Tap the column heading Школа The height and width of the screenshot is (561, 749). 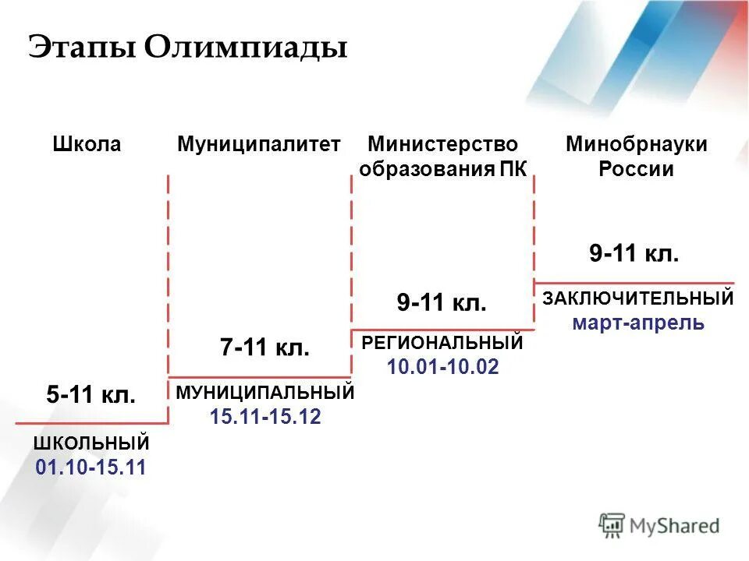pyautogui.click(x=87, y=144)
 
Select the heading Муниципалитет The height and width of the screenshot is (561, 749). pyautogui.click(x=259, y=144)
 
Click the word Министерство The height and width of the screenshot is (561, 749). pyautogui.click(x=442, y=144)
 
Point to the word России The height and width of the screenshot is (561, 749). pyautogui.click(x=636, y=169)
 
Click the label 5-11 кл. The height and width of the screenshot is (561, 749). pyautogui.click(x=91, y=395)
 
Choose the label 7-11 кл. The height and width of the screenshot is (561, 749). pyautogui.click(x=265, y=348)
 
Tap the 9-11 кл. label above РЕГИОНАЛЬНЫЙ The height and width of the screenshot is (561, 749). pyautogui.click(x=442, y=302)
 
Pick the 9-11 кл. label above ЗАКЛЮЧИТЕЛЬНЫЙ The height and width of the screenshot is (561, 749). pyautogui.click(x=634, y=254)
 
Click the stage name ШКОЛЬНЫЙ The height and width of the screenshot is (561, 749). pyautogui.click(x=91, y=443)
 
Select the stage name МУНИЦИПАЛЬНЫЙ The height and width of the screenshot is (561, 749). pyautogui.click(x=265, y=393)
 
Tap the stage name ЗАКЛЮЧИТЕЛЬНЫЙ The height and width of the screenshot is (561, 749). pyautogui.click(x=638, y=298)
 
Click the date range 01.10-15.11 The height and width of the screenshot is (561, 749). pyautogui.click(x=91, y=467)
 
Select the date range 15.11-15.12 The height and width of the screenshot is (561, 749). pyautogui.click(x=265, y=417)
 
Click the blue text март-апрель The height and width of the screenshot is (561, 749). pyautogui.click(x=638, y=323)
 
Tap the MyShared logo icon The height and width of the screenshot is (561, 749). pyautogui.click(x=612, y=526)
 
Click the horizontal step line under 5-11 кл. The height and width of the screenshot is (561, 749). pyautogui.click(x=91, y=423)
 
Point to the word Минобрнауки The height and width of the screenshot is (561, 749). pyautogui.click(x=637, y=144)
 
